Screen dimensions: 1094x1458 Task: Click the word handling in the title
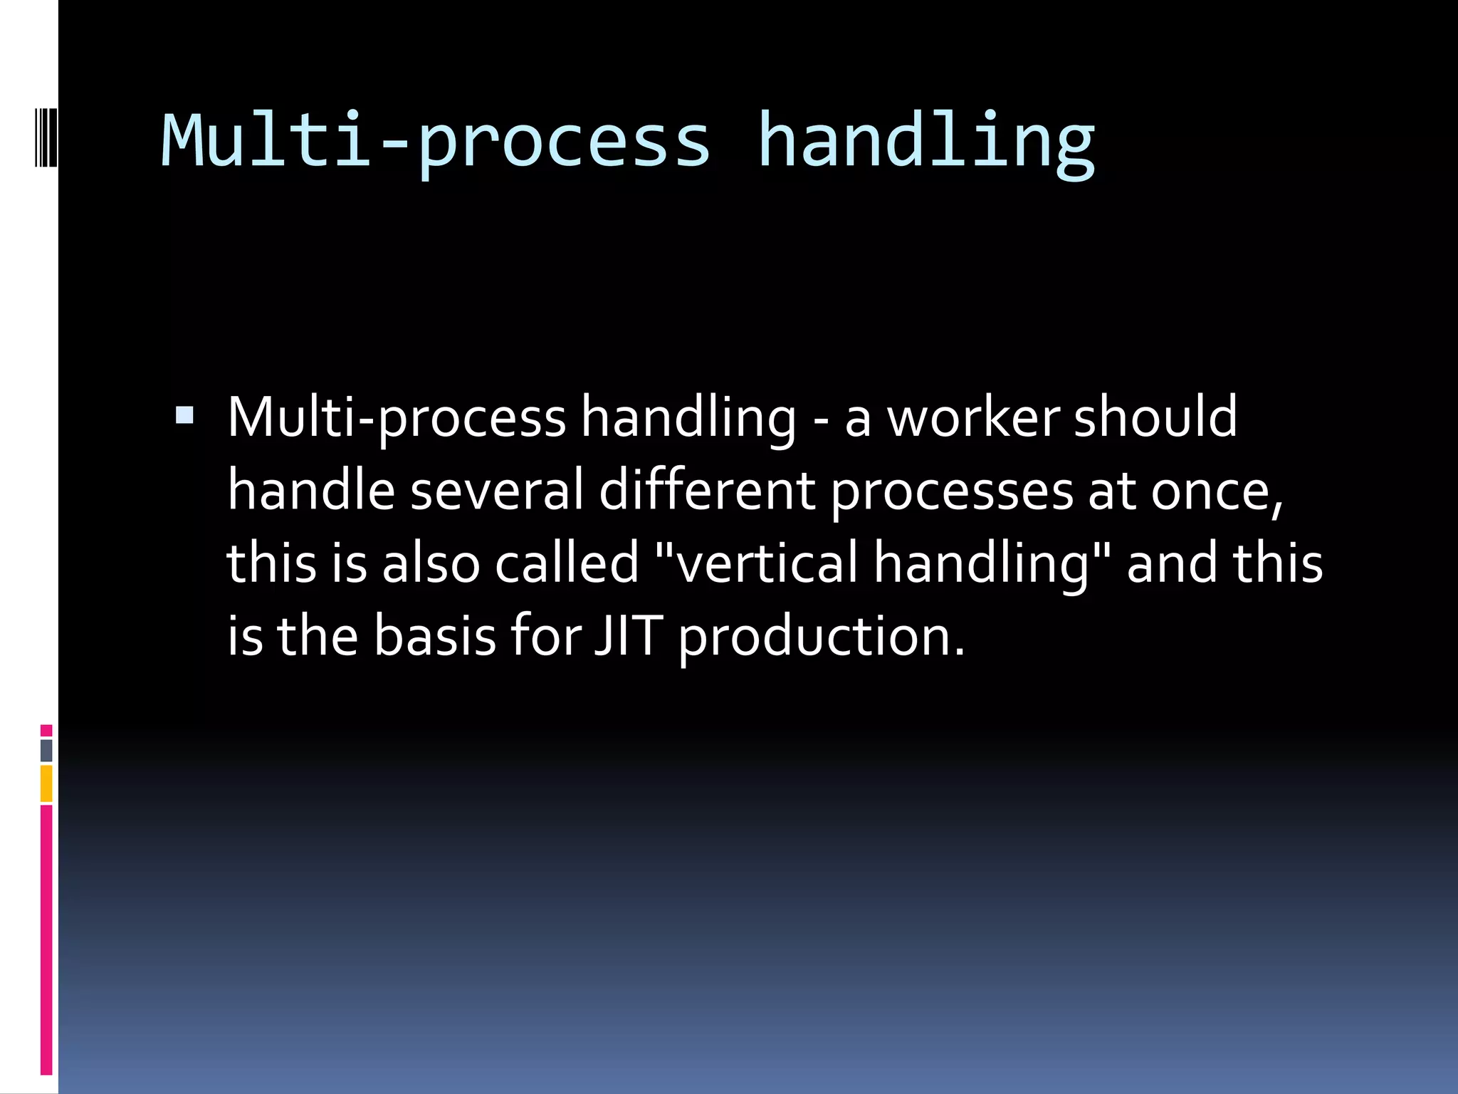coord(925,142)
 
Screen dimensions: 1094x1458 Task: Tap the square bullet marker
coord(184,415)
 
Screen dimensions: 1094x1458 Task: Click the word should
coord(1155,418)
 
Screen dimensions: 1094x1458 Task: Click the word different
coord(706,491)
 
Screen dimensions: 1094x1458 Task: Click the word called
coord(567,563)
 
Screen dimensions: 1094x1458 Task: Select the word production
coord(820,637)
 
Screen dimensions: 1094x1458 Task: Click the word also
coord(431,563)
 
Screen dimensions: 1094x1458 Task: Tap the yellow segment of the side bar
coord(46,783)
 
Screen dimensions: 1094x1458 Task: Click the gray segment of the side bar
coord(46,750)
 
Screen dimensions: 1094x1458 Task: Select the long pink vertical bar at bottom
coord(46,940)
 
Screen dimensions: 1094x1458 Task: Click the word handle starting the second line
coord(311,491)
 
